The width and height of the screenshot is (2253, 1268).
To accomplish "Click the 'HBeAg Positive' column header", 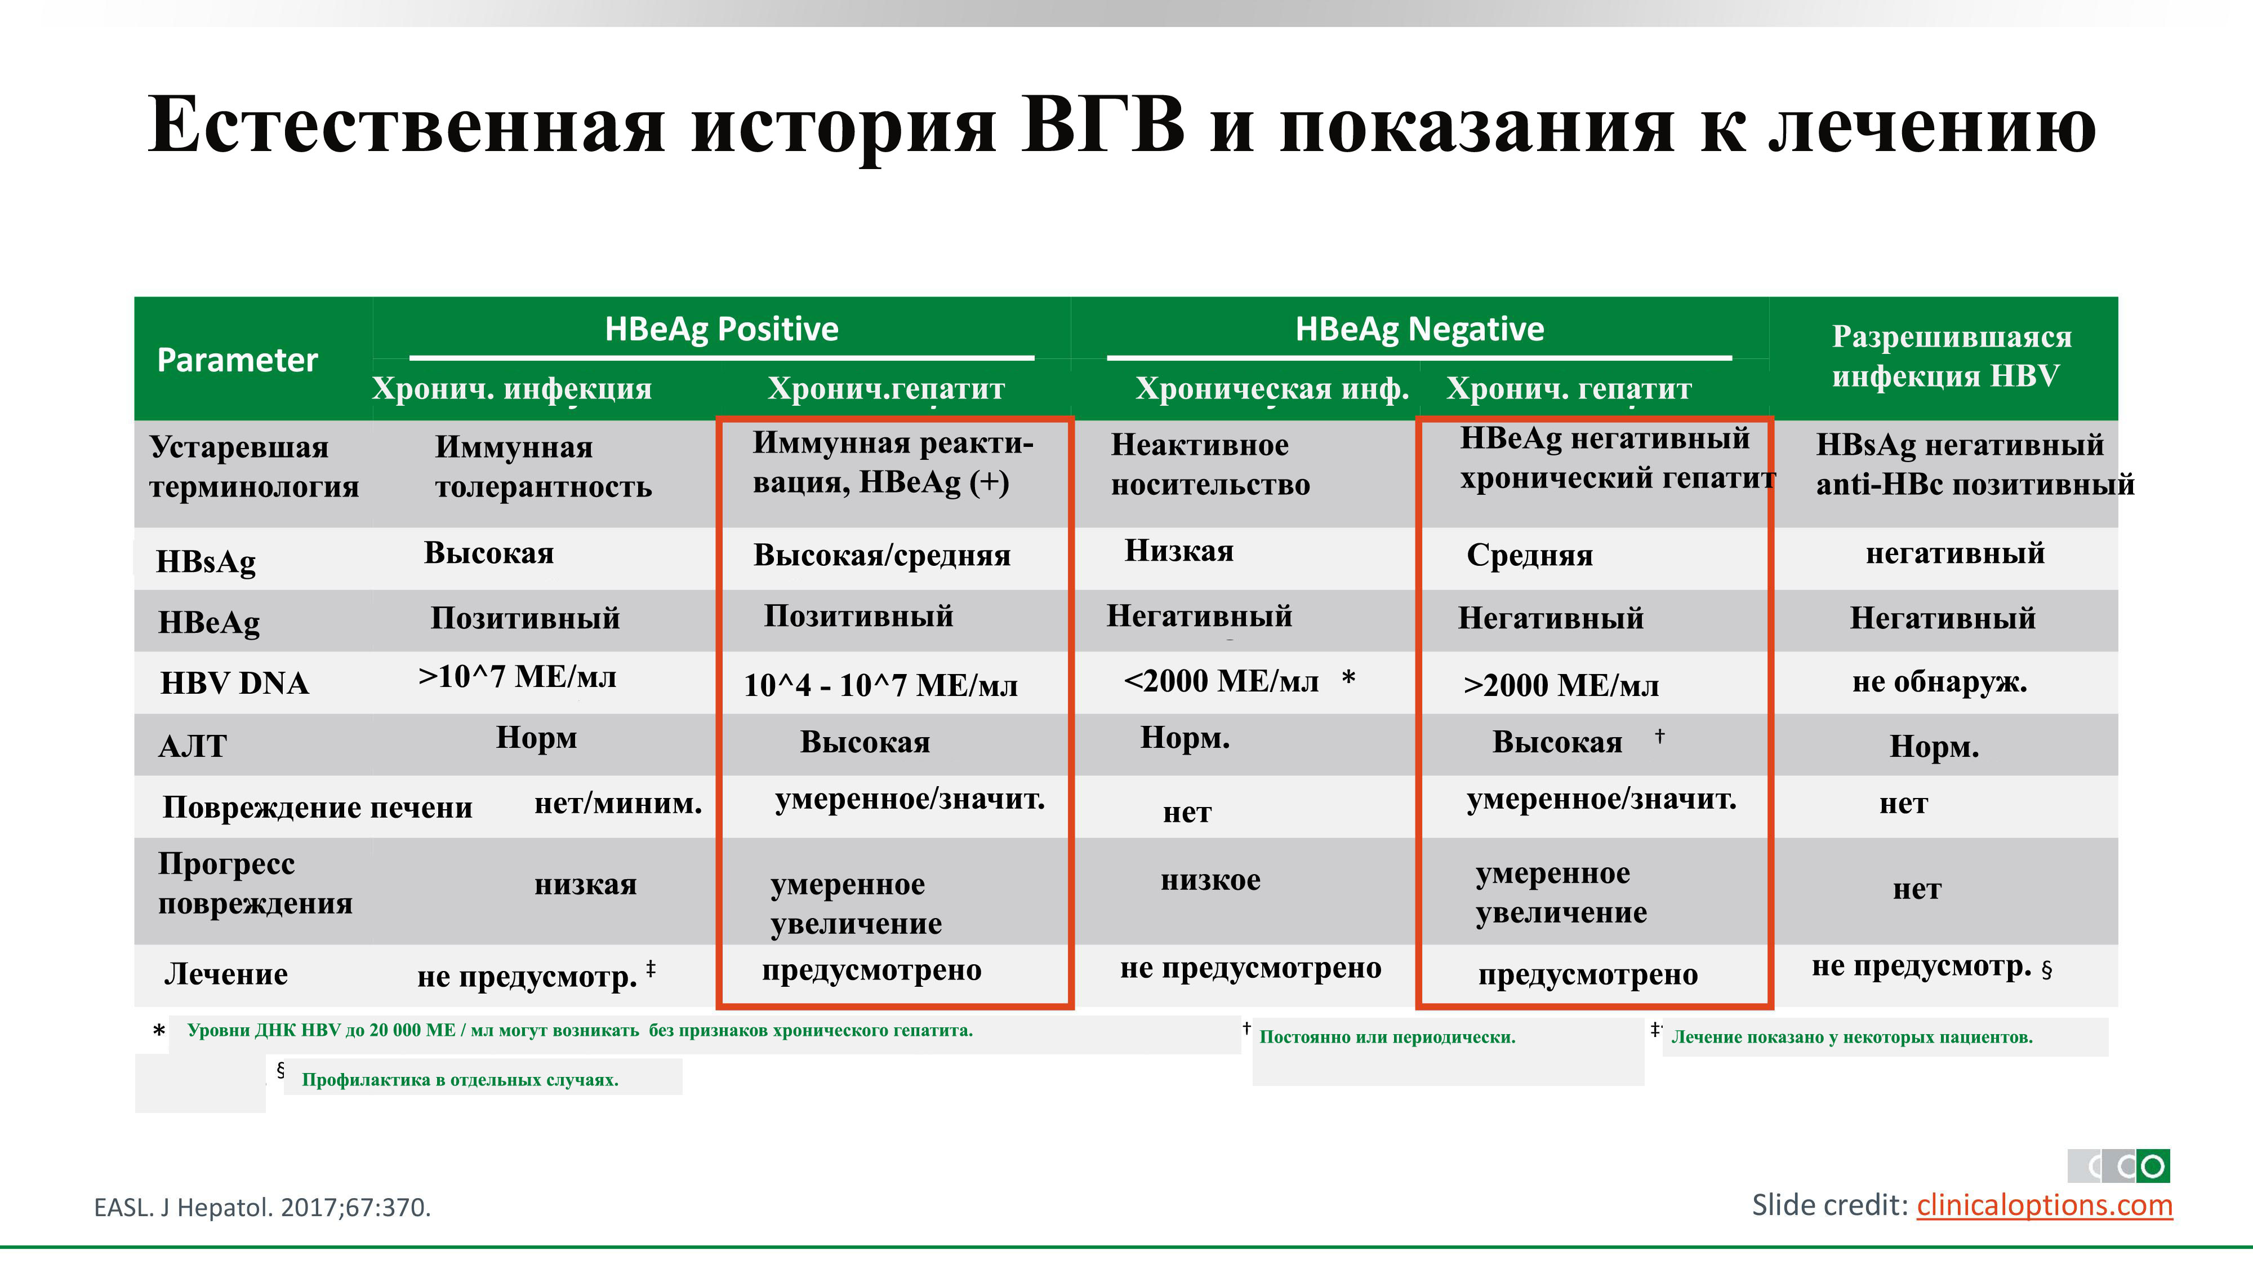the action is tap(722, 329).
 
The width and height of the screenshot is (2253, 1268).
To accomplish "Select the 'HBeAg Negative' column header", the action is tap(1419, 329).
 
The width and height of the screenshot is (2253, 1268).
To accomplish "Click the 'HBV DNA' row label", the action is tap(234, 682).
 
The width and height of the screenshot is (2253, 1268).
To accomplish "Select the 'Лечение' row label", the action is tap(226, 974).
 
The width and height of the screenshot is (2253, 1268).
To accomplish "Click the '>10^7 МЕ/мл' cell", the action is tap(517, 676).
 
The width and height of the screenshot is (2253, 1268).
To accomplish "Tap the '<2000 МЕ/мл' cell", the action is tap(1221, 681).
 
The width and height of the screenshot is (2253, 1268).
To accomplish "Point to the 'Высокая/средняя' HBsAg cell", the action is tap(881, 555).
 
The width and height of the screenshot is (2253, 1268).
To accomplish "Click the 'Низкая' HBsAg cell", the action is tap(1179, 551).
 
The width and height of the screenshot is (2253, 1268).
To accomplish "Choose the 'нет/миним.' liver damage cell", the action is tap(618, 803).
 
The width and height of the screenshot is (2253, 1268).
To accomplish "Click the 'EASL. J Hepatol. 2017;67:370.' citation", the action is tap(262, 1208).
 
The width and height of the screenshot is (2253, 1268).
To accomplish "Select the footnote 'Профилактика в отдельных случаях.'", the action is tap(460, 1080).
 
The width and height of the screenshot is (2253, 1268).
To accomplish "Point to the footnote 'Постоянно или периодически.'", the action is tap(1387, 1037).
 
